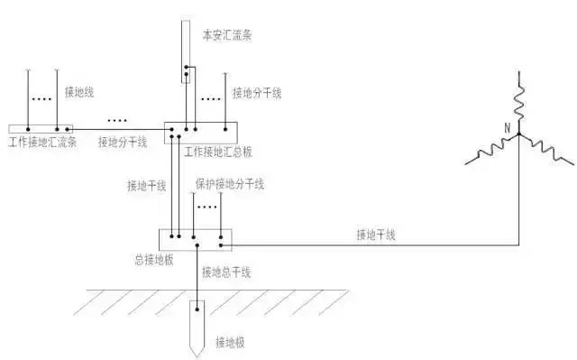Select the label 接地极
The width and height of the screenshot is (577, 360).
231,342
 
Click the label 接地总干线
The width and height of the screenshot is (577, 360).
226,272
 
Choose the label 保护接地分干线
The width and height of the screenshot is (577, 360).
230,184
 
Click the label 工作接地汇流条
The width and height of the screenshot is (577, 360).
42,143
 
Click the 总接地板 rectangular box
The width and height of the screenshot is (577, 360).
196,240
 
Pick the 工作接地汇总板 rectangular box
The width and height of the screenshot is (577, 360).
199,132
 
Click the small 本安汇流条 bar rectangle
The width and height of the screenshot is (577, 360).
188,73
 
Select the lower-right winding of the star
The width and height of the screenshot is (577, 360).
548,152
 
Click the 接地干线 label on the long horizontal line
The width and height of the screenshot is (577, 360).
376,235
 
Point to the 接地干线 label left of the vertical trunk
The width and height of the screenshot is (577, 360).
147,186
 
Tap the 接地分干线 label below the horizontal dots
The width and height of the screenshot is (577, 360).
123,142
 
